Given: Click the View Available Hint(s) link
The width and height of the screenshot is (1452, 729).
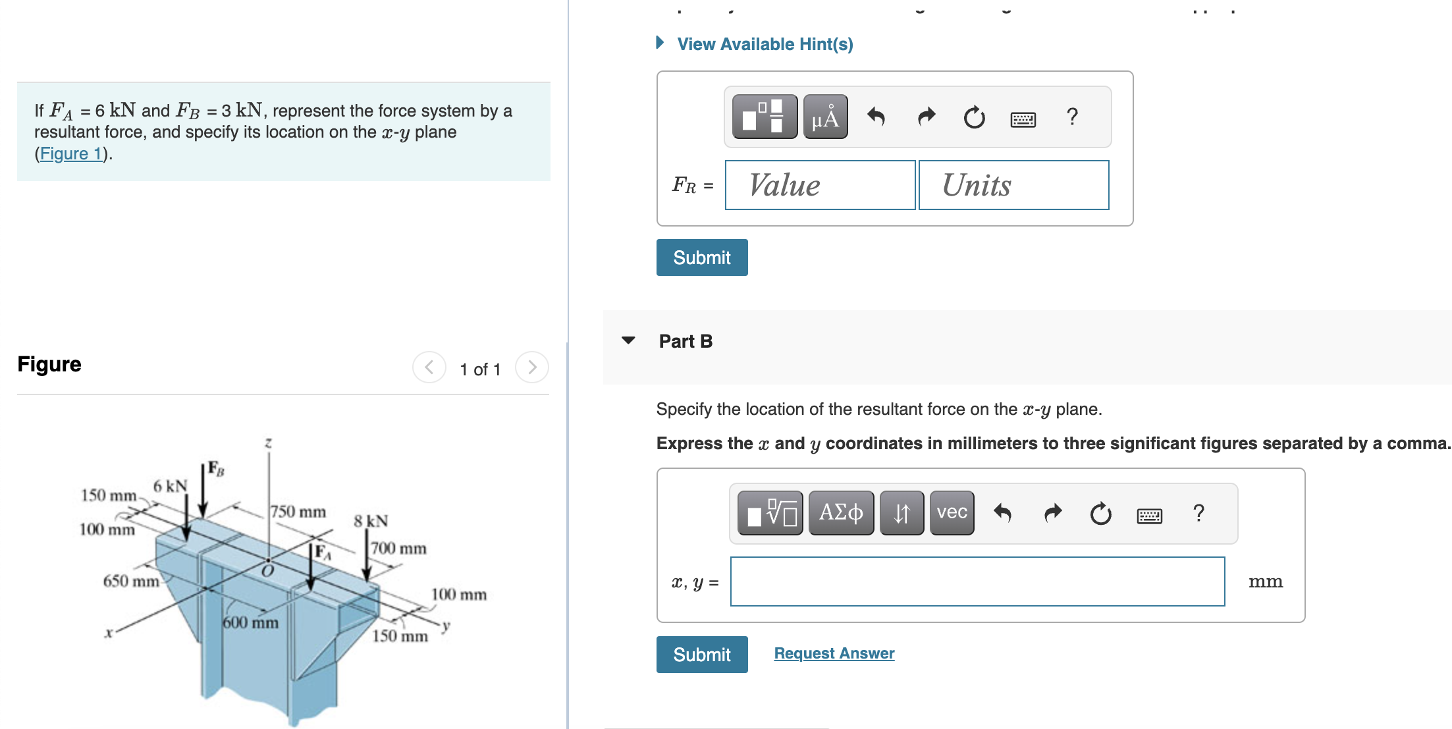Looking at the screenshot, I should click(764, 44).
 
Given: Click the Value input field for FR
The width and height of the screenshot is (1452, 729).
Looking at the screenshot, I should click(820, 185).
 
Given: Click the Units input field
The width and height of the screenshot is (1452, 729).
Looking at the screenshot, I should click(1013, 185).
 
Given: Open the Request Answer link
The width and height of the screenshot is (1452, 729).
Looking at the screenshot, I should click(834, 653).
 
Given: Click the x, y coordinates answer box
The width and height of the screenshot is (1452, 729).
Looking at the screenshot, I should click(977, 581).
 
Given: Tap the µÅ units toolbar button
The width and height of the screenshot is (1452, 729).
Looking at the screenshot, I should click(825, 117).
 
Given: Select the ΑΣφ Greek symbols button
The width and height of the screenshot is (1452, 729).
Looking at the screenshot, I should click(841, 513).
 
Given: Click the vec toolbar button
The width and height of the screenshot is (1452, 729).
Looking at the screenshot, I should click(952, 513).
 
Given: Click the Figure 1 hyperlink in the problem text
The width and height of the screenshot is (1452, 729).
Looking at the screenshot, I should click(71, 154).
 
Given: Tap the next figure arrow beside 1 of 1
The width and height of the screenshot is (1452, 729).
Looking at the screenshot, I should click(532, 367).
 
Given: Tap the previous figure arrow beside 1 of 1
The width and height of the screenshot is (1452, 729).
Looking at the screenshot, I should click(429, 367).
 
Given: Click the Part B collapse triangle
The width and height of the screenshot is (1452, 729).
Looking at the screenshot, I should click(628, 340).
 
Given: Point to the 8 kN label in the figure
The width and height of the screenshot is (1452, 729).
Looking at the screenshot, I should click(371, 521).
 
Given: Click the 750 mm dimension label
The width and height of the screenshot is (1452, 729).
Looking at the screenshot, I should click(298, 512).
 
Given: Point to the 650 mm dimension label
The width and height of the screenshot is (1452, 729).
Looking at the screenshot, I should click(131, 581).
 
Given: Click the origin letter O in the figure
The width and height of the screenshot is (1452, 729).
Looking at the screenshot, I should click(267, 571).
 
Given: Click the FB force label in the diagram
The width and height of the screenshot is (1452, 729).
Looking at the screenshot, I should click(216, 468).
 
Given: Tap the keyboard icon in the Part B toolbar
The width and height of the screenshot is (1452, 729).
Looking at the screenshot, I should click(1149, 514).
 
